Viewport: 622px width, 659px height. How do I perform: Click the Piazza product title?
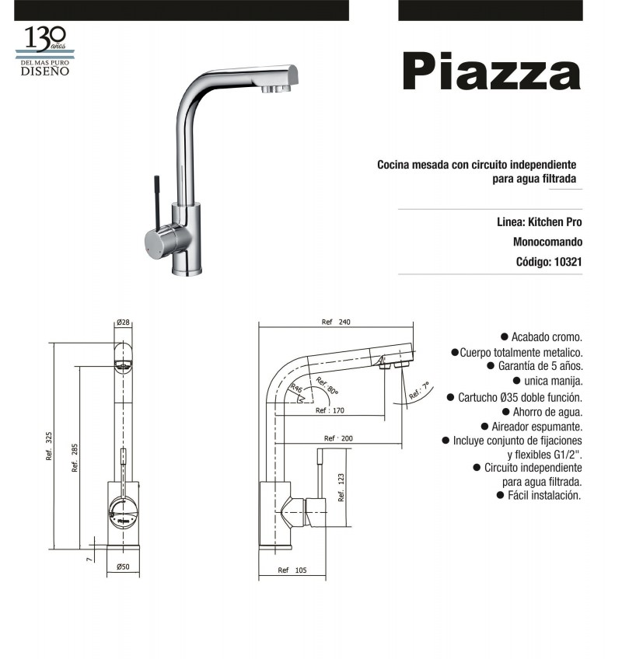(x=491, y=71)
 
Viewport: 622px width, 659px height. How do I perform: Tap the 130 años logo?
(x=45, y=51)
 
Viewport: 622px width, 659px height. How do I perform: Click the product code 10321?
(x=568, y=262)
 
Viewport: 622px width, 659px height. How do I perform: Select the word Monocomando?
(x=547, y=242)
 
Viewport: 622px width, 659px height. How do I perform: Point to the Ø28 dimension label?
(x=123, y=323)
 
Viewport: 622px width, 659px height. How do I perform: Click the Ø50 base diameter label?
(x=123, y=567)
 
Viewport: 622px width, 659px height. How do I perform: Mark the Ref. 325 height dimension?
(x=49, y=446)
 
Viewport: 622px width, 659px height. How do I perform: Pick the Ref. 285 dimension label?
(x=75, y=458)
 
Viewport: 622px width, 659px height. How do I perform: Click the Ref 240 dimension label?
(x=336, y=322)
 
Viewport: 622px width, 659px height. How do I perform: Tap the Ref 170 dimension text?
(x=330, y=410)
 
